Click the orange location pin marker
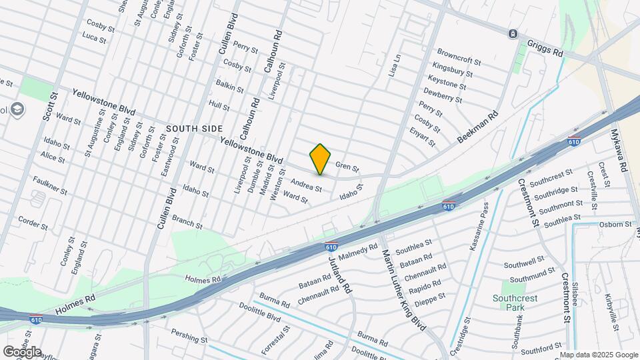(320, 159)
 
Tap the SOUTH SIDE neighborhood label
(193, 128)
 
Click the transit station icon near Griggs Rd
(512, 34)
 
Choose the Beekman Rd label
(479, 127)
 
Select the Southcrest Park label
(515, 303)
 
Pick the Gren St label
(347, 166)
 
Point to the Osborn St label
(614, 224)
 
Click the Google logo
(21, 351)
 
